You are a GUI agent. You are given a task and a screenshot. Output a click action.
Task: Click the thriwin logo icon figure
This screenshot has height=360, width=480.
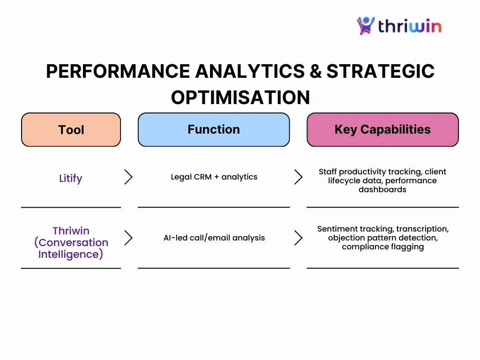point(366,26)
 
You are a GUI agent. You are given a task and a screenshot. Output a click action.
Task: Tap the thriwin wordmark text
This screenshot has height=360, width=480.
point(410,26)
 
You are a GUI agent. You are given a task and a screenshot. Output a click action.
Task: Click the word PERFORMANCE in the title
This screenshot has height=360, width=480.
point(118,71)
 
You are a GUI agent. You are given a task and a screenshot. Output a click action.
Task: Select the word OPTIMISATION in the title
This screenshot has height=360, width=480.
point(240,97)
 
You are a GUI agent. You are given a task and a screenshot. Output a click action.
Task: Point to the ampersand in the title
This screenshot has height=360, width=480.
point(315,71)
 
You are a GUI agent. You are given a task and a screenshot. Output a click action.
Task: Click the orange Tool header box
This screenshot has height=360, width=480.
point(71,129)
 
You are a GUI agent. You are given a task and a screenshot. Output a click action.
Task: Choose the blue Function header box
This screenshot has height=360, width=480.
point(214,129)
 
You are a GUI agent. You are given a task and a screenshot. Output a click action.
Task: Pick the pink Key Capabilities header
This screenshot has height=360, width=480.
point(382,129)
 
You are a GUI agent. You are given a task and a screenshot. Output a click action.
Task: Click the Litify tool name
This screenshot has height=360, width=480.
point(71,178)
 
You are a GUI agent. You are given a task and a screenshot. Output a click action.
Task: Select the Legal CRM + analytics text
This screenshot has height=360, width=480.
point(214,177)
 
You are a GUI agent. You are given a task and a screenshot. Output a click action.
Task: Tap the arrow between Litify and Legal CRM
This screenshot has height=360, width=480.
point(128,177)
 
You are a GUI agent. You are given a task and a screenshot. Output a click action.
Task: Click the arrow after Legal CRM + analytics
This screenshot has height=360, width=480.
point(299,177)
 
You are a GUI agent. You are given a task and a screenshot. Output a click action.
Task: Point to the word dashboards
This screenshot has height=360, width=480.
point(382,189)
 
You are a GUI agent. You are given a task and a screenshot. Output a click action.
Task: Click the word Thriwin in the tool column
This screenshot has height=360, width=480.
point(71,231)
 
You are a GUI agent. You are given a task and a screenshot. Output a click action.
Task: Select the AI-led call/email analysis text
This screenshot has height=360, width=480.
point(214,238)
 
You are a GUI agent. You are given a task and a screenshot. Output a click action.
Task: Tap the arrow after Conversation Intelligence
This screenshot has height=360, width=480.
point(128,238)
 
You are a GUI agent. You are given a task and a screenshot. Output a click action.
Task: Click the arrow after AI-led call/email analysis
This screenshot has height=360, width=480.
point(299,238)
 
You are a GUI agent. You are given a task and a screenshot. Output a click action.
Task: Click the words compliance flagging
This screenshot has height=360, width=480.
point(383,247)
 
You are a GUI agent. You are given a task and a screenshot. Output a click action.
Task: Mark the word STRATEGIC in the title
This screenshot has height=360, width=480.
point(381,71)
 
